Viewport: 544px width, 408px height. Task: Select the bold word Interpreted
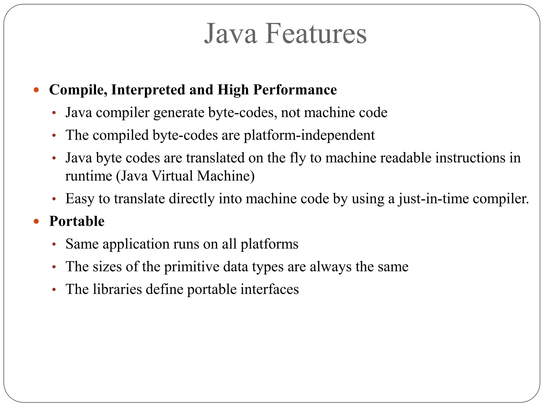(x=148, y=90)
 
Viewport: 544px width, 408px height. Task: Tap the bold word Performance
(x=295, y=90)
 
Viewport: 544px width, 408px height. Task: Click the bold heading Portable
(x=77, y=221)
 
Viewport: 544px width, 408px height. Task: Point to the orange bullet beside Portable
(x=36, y=221)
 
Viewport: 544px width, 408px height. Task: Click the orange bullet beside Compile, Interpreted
(x=36, y=90)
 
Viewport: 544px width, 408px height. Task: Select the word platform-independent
(x=309, y=135)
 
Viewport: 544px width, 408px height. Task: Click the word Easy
(x=80, y=199)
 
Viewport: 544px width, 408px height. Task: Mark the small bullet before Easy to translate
(x=54, y=199)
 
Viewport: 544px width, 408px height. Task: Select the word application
(x=136, y=244)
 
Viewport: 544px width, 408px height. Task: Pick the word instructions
(x=470, y=158)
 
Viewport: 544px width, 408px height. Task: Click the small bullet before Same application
(x=54, y=244)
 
